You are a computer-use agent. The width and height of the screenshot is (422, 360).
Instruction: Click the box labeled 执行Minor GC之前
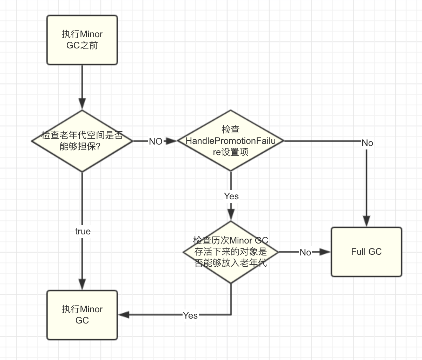[x=82, y=40]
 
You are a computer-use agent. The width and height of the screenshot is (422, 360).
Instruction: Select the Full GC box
[x=366, y=252]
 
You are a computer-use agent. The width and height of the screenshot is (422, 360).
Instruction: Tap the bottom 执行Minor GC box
[x=82, y=315]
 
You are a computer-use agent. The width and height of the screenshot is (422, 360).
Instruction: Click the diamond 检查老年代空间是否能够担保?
[x=82, y=141]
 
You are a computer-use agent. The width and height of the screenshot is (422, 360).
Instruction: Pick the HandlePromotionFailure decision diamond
[x=231, y=141]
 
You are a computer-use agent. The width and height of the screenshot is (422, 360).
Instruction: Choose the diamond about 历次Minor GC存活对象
[x=231, y=252]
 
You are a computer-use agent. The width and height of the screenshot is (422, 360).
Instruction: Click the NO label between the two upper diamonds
[x=156, y=141]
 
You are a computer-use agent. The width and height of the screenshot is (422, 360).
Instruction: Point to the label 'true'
[x=83, y=232]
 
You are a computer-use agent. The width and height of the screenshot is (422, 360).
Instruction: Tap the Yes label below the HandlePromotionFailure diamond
[x=231, y=196]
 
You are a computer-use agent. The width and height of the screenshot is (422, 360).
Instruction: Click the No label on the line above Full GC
[x=367, y=143]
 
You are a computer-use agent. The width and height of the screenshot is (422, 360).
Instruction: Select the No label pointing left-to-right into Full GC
[x=305, y=252]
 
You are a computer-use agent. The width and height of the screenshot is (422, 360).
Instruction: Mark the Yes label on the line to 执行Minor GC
[x=190, y=315]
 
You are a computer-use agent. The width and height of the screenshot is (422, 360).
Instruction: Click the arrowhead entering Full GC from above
[x=367, y=222]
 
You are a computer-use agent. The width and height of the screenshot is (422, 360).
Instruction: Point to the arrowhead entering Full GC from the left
[x=325, y=252]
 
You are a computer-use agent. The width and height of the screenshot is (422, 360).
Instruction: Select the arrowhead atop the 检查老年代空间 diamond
[x=82, y=104]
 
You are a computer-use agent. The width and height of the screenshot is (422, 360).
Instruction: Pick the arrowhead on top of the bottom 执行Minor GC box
[x=82, y=285]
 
